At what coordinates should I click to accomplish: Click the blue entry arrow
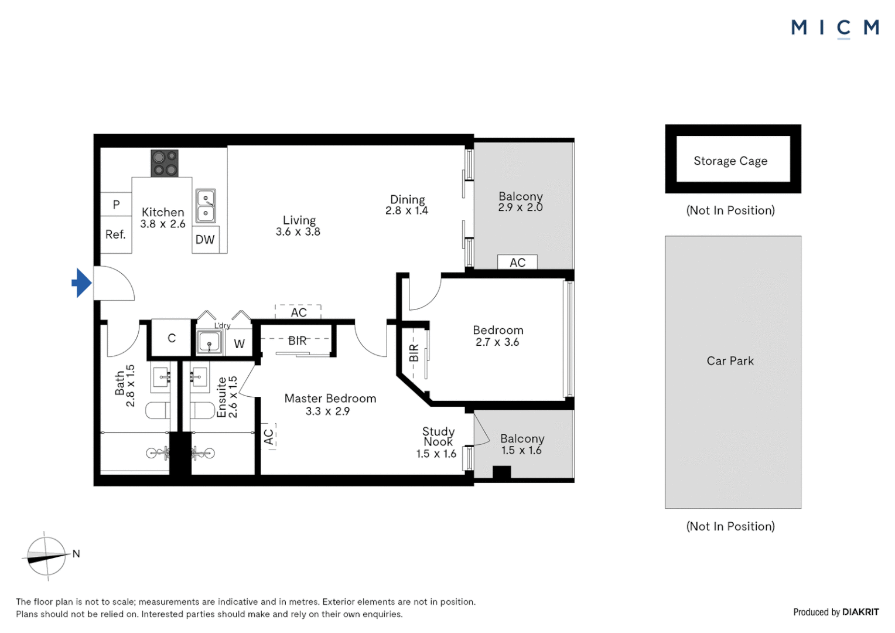pos(82,283)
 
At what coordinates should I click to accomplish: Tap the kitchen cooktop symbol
pos(165,164)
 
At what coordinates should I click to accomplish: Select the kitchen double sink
pos(206,206)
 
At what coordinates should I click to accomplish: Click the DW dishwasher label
pos(205,240)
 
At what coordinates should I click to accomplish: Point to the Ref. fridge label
pos(115,234)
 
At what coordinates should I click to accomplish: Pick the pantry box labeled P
pos(116,205)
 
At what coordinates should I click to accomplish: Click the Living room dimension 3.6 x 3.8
pos(298,232)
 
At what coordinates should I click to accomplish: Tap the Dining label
pos(408,199)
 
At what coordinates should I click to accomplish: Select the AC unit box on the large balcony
pos(517,262)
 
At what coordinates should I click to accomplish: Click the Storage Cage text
pos(730,161)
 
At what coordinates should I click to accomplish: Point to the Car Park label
pos(730,361)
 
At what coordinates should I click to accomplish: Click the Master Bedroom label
pos(330,399)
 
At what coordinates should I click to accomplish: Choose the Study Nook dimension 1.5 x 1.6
pos(436,454)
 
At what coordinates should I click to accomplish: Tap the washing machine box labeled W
pos(240,343)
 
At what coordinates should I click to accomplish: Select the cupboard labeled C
pos(172,338)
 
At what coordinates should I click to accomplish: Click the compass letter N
pos(76,554)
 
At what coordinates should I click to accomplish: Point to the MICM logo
pos(835,28)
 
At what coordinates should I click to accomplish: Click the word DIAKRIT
pos(860,612)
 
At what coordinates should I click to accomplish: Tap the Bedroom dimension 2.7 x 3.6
pos(497,342)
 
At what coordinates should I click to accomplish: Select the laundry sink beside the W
pos(209,342)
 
